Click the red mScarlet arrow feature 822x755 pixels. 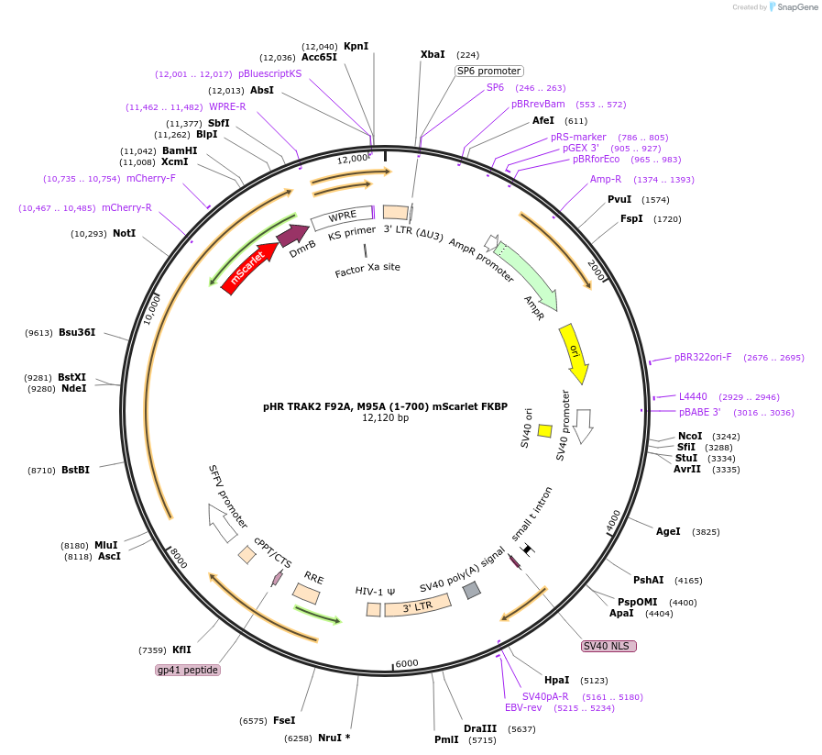click(x=249, y=268)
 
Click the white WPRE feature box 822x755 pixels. click(x=343, y=217)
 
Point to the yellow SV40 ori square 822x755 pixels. click(x=544, y=431)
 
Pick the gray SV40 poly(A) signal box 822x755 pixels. click(x=472, y=590)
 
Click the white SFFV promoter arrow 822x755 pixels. click(x=223, y=523)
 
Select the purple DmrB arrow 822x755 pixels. click(x=293, y=235)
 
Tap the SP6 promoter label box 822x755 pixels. click(x=489, y=71)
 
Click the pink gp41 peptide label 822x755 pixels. click(x=188, y=670)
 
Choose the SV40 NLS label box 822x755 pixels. click(x=608, y=646)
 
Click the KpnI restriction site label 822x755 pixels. click(x=356, y=46)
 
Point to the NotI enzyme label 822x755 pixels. click(x=125, y=233)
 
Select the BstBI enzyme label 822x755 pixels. click(x=75, y=470)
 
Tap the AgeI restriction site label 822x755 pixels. click(x=668, y=531)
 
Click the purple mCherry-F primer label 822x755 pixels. click(x=151, y=178)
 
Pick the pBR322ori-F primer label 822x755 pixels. click(x=703, y=357)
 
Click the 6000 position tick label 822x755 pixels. click(x=407, y=663)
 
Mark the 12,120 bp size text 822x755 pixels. click(x=385, y=417)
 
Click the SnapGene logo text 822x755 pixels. click(x=797, y=6)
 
